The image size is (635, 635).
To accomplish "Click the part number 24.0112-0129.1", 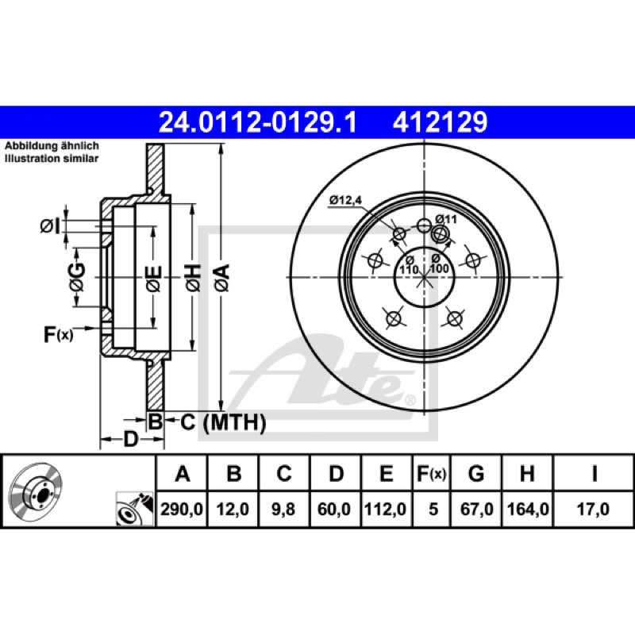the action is pyautogui.click(x=257, y=122).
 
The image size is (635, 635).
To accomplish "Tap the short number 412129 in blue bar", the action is pyautogui.click(x=440, y=122).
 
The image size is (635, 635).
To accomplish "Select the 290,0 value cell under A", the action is pyautogui.click(x=182, y=509).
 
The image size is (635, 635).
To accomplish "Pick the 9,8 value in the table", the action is pyautogui.click(x=283, y=509).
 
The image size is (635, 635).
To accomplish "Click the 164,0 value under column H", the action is pyautogui.click(x=528, y=509).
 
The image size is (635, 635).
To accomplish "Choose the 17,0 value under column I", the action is pyautogui.click(x=593, y=509).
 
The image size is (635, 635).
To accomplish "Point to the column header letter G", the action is pyautogui.click(x=475, y=473).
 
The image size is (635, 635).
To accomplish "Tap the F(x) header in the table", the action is pyautogui.click(x=431, y=473).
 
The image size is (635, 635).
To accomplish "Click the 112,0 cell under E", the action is pyautogui.click(x=385, y=509).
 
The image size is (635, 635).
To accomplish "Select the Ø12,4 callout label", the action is pyautogui.click(x=345, y=200).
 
